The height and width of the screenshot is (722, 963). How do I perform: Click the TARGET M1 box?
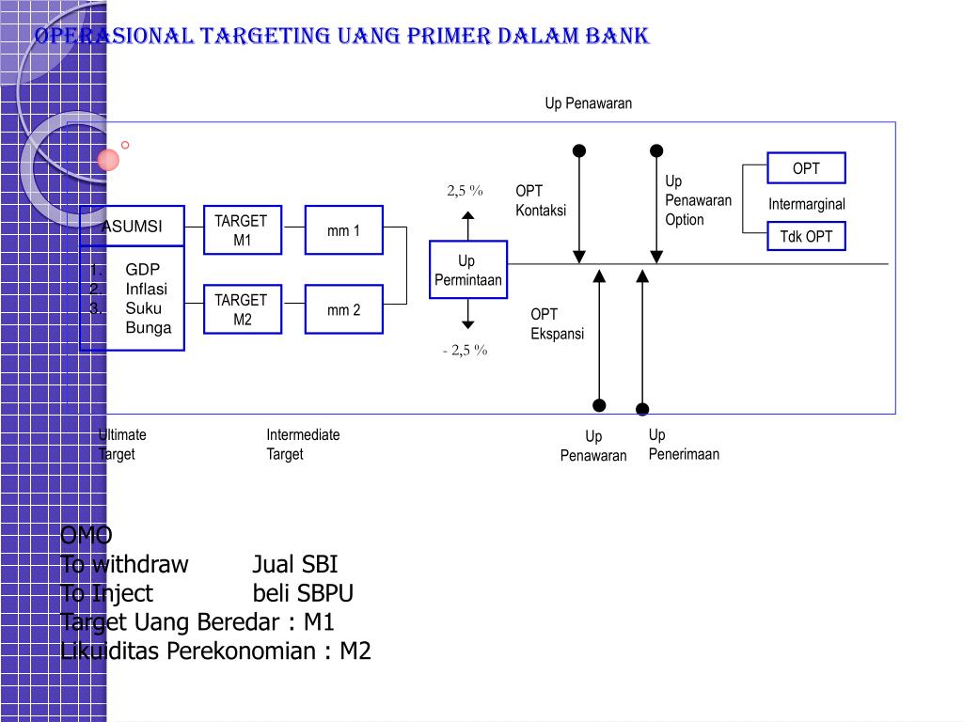pos(241,230)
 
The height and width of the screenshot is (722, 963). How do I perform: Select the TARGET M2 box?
pos(241,309)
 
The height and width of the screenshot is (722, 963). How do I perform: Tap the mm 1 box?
pos(343,230)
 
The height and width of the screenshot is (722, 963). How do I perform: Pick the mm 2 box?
pos(343,309)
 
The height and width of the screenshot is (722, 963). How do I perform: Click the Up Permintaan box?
pos(467,271)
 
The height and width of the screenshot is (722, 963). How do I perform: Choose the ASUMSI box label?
pos(132,227)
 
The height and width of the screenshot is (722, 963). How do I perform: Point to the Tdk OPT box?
pos(806,236)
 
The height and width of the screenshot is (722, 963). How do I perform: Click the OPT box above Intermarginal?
pos(806,168)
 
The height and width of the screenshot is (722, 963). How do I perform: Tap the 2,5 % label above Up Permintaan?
pos(465,191)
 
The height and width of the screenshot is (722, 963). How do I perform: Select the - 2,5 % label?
pos(465,351)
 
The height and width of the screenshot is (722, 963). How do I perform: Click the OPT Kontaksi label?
pos(541,200)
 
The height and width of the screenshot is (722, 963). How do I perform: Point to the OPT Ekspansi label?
pos(557,323)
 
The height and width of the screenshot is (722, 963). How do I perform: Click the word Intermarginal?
pos(806,204)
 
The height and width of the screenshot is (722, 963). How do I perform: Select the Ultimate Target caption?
pos(122,445)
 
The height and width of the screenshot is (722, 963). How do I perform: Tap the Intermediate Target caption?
pos(303,445)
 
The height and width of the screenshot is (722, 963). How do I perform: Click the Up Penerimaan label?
pos(684,445)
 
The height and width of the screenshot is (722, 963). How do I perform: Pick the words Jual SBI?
pos(294,565)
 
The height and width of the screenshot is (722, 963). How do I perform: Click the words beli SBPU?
pos(303,593)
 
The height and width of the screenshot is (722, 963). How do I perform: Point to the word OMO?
pos(86,536)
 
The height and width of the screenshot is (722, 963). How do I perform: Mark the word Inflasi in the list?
pos(147,289)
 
